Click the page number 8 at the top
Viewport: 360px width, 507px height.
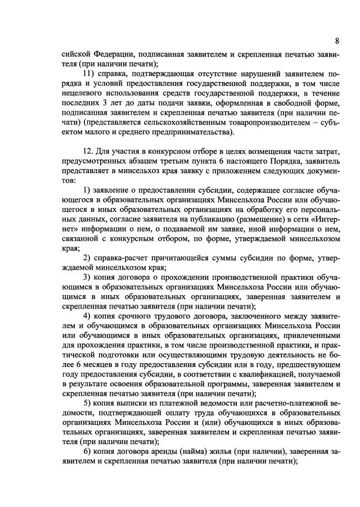point(336,40)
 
